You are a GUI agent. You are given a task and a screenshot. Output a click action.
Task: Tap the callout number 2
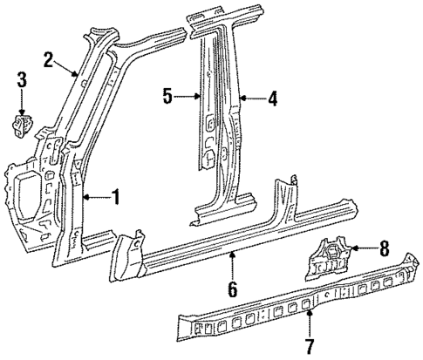(x=50, y=59)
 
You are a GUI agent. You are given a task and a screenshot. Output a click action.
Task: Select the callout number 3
(x=22, y=83)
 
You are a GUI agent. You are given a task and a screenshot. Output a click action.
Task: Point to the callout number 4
(x=272, y=99)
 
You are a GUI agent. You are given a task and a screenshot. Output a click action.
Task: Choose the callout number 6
(x=233, y=286)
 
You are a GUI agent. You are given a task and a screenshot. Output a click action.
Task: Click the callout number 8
(x=386, y=249)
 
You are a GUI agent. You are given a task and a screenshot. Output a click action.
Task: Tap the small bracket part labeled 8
(x=330, y=257)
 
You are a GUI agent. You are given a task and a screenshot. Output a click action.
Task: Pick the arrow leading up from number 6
(x=233, y=263)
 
